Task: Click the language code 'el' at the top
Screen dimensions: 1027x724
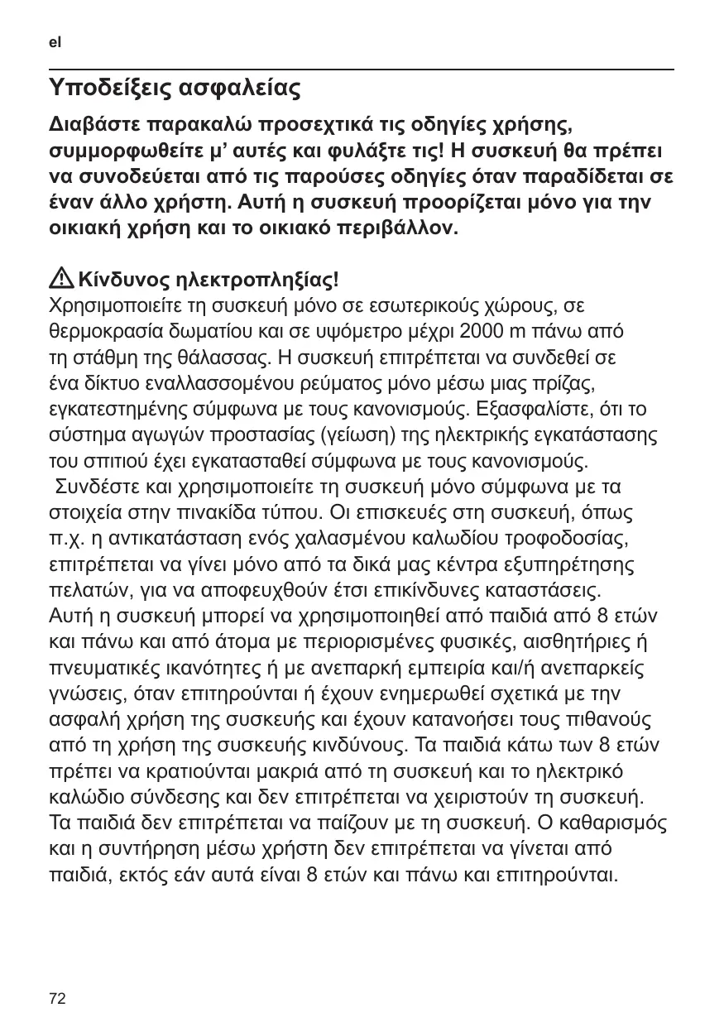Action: click(55, 41)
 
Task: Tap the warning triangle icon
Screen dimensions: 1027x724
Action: click(60, 278)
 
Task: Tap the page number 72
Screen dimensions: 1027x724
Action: click(57, 999)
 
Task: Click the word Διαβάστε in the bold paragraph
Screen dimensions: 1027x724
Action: click(93, 126)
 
